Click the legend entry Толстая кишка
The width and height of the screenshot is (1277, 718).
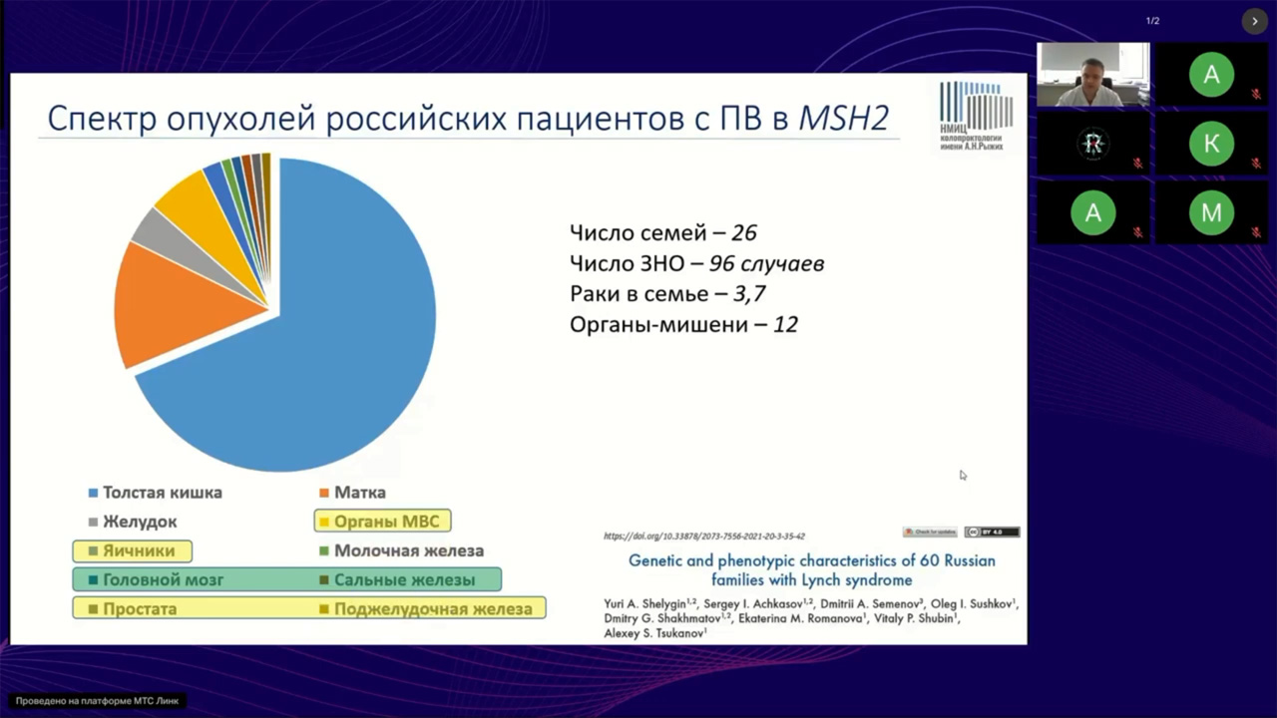pos(162,493)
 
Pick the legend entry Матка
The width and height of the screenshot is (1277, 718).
pos(359,493)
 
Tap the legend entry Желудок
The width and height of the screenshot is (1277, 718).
pos(140,522)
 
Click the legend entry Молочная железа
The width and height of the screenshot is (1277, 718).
pos(408,550)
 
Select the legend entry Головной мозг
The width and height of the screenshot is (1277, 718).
pos(163,579)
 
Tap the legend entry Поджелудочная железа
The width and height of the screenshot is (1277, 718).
pos(433,608)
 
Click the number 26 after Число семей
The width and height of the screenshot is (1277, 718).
pos(744,233)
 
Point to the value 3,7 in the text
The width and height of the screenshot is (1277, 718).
pos(748,294)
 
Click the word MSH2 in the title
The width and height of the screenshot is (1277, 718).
pos(844,119)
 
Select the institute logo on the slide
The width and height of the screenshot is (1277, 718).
pos(975,116)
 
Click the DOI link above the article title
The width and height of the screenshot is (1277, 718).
pos(703,537)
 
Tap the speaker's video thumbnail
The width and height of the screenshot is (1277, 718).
pos(1092,74)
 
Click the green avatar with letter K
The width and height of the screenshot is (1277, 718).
pos(1210,144)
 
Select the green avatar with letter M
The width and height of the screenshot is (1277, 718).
pos(1210,212)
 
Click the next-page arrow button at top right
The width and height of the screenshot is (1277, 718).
pos(1254,21)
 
